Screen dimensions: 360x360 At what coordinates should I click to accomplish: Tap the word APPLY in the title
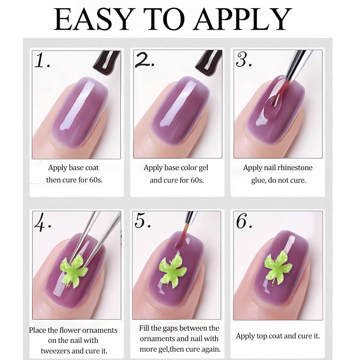(x=242, y=19)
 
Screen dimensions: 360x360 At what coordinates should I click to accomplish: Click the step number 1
(x=42, y=60)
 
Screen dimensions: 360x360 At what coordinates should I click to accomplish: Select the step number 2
(x=145, y=60)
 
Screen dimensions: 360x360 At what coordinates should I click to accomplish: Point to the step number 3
(x=244, y=59)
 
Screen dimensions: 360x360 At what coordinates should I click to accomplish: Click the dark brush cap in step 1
(x=107, y=63)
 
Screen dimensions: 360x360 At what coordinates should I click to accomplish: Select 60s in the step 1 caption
(x=96, y=180)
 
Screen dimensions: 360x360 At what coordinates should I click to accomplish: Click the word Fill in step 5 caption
(x=144, y=328)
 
